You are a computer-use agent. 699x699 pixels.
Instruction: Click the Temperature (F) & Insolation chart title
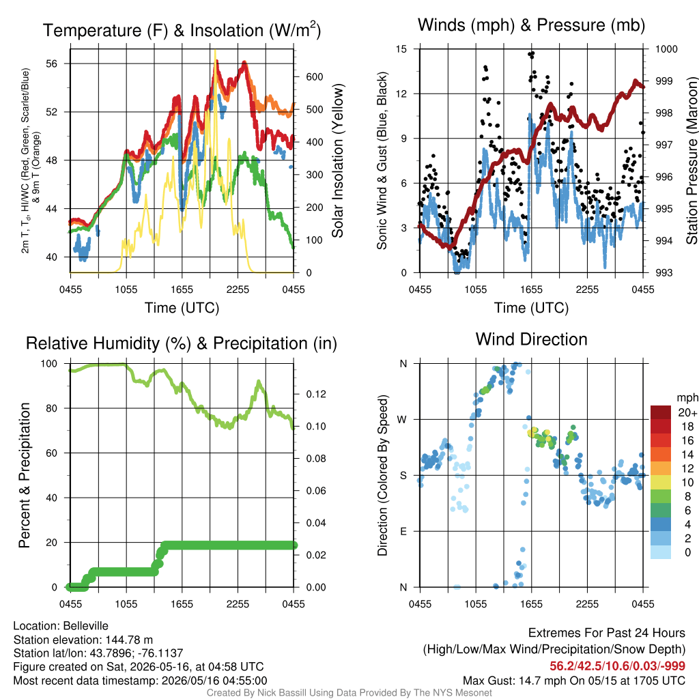(x=182, y=30)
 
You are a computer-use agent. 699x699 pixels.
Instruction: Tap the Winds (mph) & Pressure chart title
(x=531, y=25)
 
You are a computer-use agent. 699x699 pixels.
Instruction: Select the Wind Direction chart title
(x=531, y=339)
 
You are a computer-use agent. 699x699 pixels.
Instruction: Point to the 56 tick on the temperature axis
(x=52, y=63)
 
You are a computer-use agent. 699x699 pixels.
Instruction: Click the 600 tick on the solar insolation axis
(x=314, y=76)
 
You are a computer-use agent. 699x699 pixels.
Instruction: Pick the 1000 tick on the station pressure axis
(x=666, y=49)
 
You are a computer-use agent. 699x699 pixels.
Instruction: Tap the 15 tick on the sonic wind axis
(x=401, y=49)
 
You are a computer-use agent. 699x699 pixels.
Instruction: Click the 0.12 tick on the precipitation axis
(x=316, y=394)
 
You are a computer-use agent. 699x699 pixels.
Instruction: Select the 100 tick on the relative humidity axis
(x=49, y=364)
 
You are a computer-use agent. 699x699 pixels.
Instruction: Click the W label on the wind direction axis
(x=402, y=420)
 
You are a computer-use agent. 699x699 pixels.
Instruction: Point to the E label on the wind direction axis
(x=403, y=531)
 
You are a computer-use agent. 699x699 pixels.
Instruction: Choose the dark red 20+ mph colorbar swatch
(x=661, y=412)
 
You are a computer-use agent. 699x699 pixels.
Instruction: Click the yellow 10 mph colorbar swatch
(x=661, y=483)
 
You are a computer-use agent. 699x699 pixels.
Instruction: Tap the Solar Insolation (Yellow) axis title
(x=337, y=160)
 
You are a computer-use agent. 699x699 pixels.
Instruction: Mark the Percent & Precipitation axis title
(x=24, y=475)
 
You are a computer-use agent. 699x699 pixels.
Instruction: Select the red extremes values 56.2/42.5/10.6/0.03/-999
(x=617, y=666)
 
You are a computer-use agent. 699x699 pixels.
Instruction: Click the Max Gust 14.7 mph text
(x=509, y=681)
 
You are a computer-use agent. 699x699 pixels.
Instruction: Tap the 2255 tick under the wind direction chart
(x=587, y=604)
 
